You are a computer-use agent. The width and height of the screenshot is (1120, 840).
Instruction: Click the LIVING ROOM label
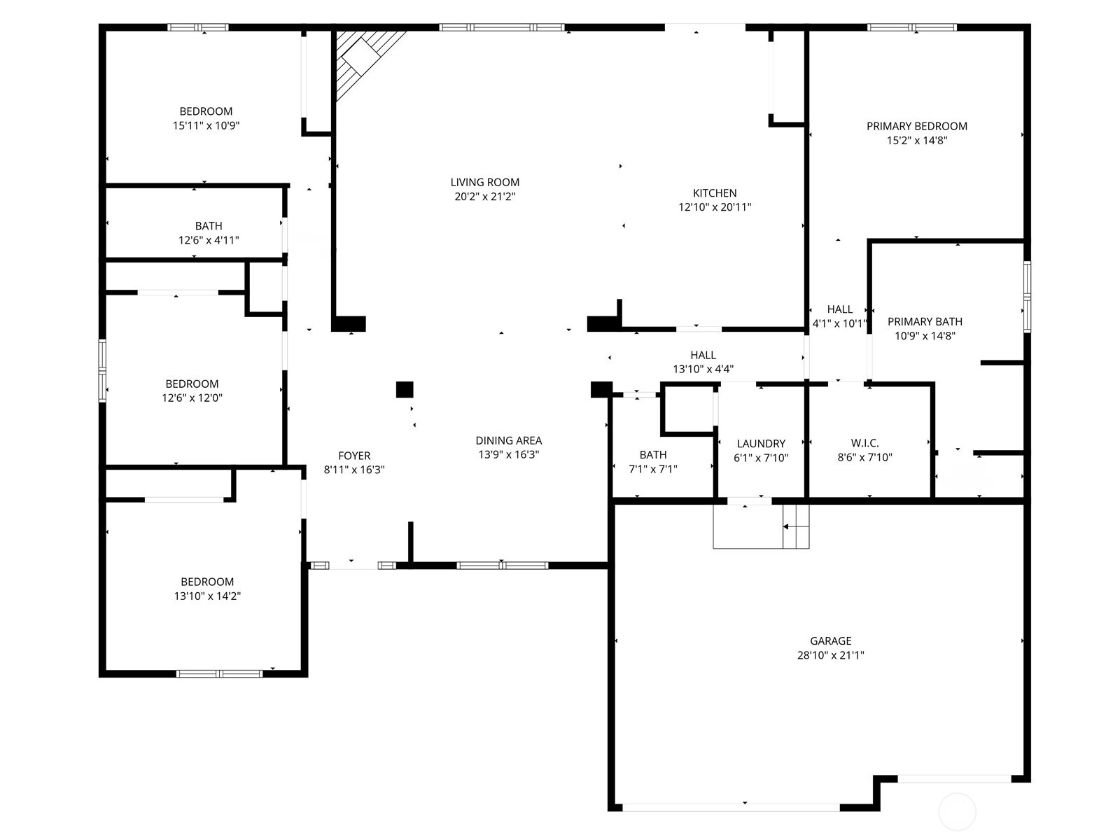point(484,182)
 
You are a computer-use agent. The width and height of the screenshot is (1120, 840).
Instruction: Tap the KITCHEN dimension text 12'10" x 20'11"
point(715,207)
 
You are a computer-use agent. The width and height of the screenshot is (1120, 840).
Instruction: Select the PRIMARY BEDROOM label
point(916,126)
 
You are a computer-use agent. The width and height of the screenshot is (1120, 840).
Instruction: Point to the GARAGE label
point(830,640)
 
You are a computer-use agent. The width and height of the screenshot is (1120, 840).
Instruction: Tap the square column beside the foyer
point(405,390)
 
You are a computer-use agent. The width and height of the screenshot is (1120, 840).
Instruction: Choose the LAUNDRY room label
point(761,444)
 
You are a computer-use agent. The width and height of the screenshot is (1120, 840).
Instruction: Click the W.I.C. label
point(864,443)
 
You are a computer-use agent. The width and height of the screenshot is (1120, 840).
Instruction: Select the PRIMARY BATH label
point(925,322)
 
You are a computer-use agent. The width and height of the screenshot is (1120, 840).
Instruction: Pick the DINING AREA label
point(508,441)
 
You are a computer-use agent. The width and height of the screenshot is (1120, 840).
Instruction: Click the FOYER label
point(354,456)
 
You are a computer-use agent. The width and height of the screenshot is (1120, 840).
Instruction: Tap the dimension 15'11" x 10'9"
point(206,125)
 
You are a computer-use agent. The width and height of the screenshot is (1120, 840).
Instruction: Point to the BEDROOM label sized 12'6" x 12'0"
point(192,384)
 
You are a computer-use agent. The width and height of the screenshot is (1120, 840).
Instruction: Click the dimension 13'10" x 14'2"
point(207,596)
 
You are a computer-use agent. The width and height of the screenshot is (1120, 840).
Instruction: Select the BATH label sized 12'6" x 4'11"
point(208,226)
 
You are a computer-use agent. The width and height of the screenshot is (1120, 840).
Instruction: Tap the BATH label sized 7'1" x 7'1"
point(652,454)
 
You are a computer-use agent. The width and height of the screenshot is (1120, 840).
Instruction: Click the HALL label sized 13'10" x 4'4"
point(703,355)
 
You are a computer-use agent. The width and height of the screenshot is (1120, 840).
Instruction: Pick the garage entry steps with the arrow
point(796,526)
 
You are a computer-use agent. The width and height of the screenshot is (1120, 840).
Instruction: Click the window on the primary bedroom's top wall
point(912,27)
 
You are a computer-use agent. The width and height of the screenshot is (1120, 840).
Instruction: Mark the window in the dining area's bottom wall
point(502,565)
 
